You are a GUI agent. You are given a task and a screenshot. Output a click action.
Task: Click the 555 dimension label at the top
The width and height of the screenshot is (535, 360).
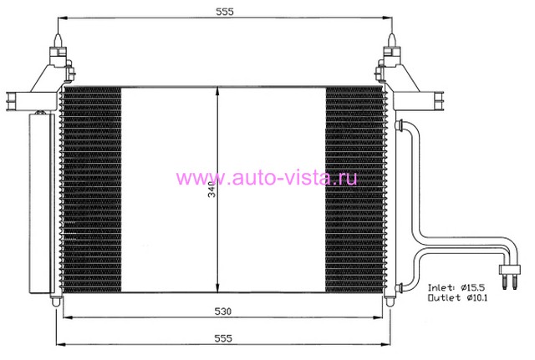pos(225,12)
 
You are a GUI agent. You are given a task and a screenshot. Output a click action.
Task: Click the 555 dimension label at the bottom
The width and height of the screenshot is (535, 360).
pos(223,338)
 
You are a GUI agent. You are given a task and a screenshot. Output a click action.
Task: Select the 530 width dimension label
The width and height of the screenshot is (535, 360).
pos(223,312)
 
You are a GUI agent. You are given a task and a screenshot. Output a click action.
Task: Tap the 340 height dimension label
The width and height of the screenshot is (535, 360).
pos(212,190)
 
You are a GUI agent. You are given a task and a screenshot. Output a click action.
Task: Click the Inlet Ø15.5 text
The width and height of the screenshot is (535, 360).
pos(456,287)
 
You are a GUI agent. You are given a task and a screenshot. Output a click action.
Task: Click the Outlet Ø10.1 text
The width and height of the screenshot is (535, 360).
pos(457,297)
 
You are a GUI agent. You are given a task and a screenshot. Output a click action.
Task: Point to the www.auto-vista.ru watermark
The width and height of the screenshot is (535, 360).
pos(267,178)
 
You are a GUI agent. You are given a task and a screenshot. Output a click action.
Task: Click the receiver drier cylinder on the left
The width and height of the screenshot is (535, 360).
pos(42,203)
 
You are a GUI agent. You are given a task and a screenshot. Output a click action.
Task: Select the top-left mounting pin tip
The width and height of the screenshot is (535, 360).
pos(59,34)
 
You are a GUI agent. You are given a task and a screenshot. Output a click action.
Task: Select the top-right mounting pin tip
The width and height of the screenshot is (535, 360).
pos(392,34)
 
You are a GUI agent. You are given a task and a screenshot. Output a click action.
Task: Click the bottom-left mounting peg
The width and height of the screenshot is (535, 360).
pos(56,302)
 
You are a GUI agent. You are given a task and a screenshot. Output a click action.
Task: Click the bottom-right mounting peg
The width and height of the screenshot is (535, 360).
pos(390,302)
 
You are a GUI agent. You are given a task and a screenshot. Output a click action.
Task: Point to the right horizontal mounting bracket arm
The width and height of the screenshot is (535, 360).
pos(419,100)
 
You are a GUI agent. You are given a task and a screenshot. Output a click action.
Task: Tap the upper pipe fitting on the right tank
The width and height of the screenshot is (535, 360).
pos(399,125)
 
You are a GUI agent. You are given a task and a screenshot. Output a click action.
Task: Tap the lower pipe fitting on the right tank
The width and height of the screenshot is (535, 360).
pos(399,288)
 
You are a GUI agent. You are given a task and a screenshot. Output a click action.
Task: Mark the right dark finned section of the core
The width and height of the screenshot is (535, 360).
pos(354,190)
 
